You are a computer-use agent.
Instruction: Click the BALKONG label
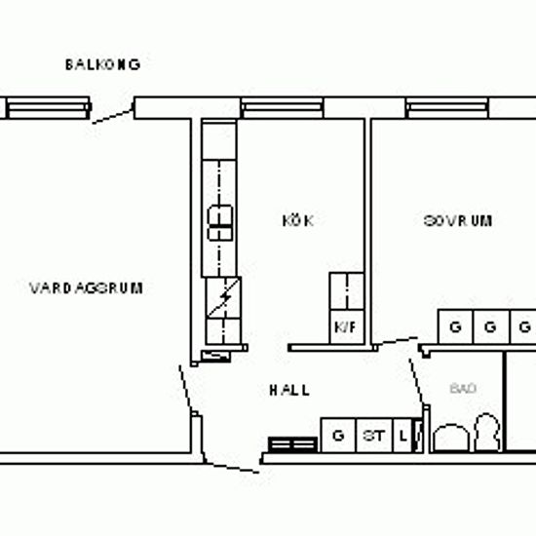[x=102, y=64]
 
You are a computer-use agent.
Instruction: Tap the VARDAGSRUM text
[x=86, y=288]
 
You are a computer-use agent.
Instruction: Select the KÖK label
[x=298, y=220]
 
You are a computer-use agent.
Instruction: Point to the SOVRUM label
[x=458, y=221]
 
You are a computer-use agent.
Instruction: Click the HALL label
[x=289, y=390]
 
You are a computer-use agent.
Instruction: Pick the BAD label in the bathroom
[x=463, y=389]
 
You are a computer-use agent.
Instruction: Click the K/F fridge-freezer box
[x=347, y=326]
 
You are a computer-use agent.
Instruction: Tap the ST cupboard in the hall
[x=374, y=436]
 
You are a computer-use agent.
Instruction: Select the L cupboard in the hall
[x=403, y=436]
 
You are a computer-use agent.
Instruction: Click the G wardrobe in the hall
[x=338, y=436]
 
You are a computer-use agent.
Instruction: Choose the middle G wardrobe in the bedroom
[x=491, y=327]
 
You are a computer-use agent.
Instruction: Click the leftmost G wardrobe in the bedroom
[x=455, y=327]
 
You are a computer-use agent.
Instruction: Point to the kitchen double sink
[x=220, y=223]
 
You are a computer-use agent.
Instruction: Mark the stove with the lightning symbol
[x=223, y=297]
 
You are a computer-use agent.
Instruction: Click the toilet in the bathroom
[x=488, y=432]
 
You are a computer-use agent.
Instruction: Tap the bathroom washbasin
[x=451, y=438]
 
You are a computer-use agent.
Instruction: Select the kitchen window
[x=283, y=107]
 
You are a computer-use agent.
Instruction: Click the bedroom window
[x=447, y=107]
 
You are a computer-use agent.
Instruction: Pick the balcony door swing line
[x=113, y=116]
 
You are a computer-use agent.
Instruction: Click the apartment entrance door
[x=233, y=468]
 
